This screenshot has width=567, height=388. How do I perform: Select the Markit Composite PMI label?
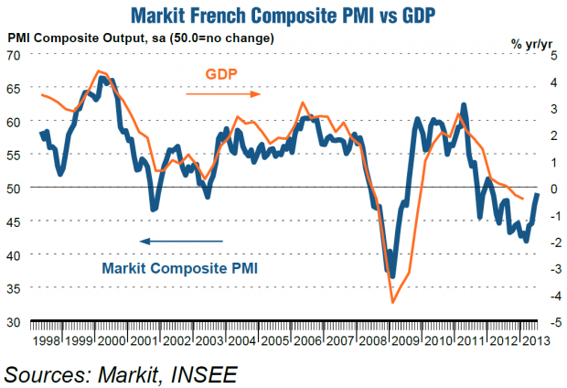pyautogui.click(x=180, y=268)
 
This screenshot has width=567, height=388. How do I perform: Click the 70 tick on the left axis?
pyautogui.click(x=15, y=55)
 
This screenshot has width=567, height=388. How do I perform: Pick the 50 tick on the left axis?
pyautogui.click(x=15, y=189)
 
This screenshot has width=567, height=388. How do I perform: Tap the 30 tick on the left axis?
pyautogui.click(x=15, y=322)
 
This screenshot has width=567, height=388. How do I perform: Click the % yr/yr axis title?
pyautogui.click(x=532, y=40)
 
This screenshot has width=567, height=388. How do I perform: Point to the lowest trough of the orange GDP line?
pyautogui.click(x=393, y=303)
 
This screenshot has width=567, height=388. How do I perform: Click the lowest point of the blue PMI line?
pyautogui.click(x=393, y=276)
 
